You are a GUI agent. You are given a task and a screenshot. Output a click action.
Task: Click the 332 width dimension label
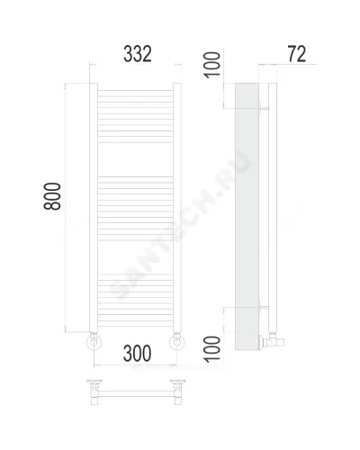pyautogui.click(x=138, y=54)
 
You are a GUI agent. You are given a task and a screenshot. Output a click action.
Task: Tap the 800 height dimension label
pyautogui.click(x=52, y=196)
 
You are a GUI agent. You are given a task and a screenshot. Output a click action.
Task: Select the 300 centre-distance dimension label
pyautogui.click(x=137, y=353)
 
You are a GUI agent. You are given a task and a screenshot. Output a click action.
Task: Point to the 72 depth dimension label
pyautogui.click(x=297, y=54)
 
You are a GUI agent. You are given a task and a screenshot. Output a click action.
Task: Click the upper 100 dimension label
pyautogui.click(x=212, y=65)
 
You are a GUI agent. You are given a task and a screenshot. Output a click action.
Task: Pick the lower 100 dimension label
pyautogui.click(x=212, y=349)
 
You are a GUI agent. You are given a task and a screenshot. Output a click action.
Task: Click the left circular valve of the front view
pyautogui.click(x=94, y=342)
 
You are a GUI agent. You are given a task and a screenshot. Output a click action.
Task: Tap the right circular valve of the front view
pyautogui.click(x=177, y=342)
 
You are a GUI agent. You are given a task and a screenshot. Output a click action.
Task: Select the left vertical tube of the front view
pyautogui.click(x=94, y=208)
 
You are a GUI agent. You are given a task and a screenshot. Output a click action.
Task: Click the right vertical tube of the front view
pyautogui.click(x=177, y=208)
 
